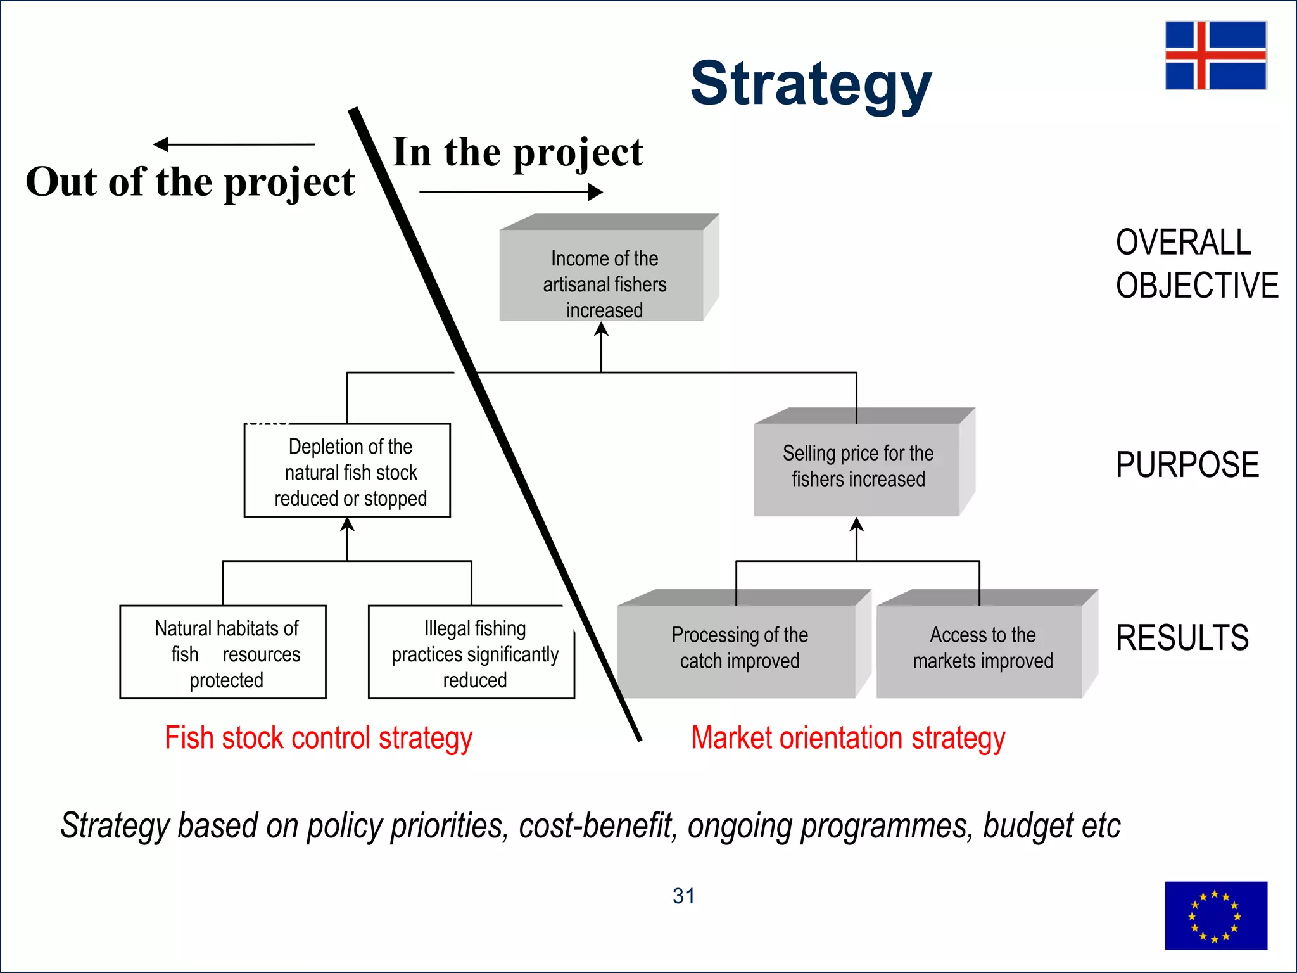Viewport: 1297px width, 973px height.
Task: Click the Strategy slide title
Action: [x=811, y=84]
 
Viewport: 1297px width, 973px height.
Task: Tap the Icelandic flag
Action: [x=1215, y=55]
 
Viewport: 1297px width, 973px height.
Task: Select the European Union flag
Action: [x=1215, y=915]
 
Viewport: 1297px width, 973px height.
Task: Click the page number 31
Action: [x=683, y=896]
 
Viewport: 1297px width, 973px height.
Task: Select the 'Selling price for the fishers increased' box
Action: [x=857, y=467]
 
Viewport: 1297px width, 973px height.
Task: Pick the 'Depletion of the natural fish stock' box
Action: [x=348, y=471]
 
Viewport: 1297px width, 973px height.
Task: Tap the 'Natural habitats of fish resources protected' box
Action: [x=223, y=652]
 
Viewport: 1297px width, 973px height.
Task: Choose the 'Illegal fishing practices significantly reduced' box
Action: [x=472, y=652]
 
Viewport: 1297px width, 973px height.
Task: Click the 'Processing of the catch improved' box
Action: [x=738, y=649]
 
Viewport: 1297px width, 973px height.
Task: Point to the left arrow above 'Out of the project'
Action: [x=234, y=144]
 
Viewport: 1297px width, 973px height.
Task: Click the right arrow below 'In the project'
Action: [x=510, y=191]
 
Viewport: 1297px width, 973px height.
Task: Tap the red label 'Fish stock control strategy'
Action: [x=319, y=739]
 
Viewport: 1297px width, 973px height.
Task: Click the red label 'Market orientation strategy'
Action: [x=848, y=739]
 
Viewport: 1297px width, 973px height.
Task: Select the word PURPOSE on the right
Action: [x=1187, y=464]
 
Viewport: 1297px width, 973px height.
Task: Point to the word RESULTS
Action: [x=1182, y=637]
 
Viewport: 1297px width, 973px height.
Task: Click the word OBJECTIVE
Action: [x=1197, y=285]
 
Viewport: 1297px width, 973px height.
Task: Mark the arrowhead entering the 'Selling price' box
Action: [x=857, y=525]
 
